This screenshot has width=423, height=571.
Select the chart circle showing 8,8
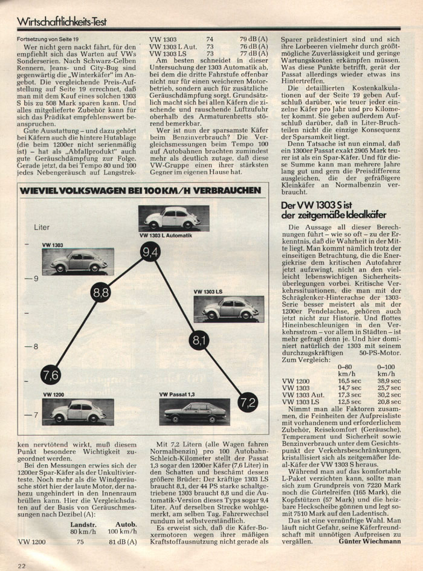click(x=101, y=293)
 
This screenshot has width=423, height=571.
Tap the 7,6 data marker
click(x=51, y=375)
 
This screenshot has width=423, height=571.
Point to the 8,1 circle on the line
click(x=199, y=341)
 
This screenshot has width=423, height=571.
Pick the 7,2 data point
click(x=248, y=401)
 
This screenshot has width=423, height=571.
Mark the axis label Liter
click(x=41, y=228)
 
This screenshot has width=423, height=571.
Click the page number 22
click(x=22, y=565)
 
